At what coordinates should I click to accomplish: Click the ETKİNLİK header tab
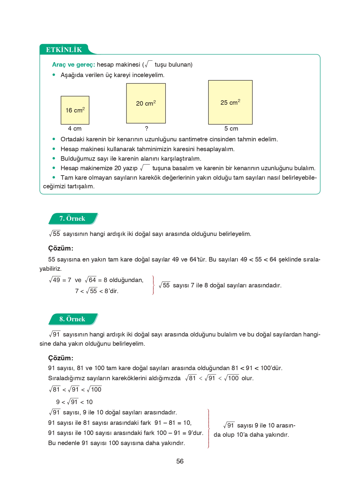64,50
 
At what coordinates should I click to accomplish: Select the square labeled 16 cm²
75,110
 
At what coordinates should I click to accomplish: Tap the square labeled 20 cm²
146,103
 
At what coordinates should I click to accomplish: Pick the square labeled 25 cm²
230,102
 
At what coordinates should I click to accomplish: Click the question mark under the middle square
147,129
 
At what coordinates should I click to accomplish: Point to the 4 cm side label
75,129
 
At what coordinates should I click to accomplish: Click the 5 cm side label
231,129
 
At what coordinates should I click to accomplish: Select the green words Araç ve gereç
73,65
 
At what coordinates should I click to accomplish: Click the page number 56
180,461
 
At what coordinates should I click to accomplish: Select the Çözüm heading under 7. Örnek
61,248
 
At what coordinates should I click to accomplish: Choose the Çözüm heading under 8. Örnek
61,358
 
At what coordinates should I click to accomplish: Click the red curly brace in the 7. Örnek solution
153,285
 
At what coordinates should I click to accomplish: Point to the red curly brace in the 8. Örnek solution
208,428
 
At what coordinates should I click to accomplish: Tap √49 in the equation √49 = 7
55,280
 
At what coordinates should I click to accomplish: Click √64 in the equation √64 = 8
91,280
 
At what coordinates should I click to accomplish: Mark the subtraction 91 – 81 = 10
173,423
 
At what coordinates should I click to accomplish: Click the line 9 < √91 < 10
74,402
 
